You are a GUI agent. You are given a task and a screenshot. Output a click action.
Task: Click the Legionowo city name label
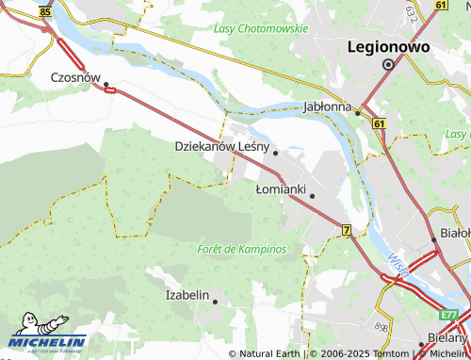click(388, 45)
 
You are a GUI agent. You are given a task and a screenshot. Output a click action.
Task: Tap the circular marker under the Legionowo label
click(388, 64)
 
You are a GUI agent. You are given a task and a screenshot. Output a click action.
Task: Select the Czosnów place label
click(75, 78)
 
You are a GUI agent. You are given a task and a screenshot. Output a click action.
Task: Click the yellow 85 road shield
click(46, 13)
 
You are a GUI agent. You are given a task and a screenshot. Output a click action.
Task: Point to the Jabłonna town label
click(327, 106)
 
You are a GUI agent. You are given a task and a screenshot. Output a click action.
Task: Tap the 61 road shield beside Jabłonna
click(378, 123)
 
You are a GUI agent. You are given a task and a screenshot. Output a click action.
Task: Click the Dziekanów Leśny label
click(222, 147)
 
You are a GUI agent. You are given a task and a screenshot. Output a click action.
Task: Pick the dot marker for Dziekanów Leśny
click(275, 152)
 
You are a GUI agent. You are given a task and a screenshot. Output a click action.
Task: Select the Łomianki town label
click(281, 189)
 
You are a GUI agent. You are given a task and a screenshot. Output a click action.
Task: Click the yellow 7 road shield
click(346, 230)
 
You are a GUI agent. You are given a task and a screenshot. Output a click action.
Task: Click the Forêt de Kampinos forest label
click(242, 249)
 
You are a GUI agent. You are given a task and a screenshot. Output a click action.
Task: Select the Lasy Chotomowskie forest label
click(261, 29)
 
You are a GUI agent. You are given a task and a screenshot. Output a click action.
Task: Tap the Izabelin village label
click(187, 295)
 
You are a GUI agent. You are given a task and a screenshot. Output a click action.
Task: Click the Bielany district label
click(446, 336)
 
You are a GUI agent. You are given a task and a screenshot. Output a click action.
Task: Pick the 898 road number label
click(382, 326)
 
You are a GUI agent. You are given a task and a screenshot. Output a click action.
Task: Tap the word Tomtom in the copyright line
click(391, 353)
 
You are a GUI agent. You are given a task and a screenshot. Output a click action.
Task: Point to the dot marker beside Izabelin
click(216, 302)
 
